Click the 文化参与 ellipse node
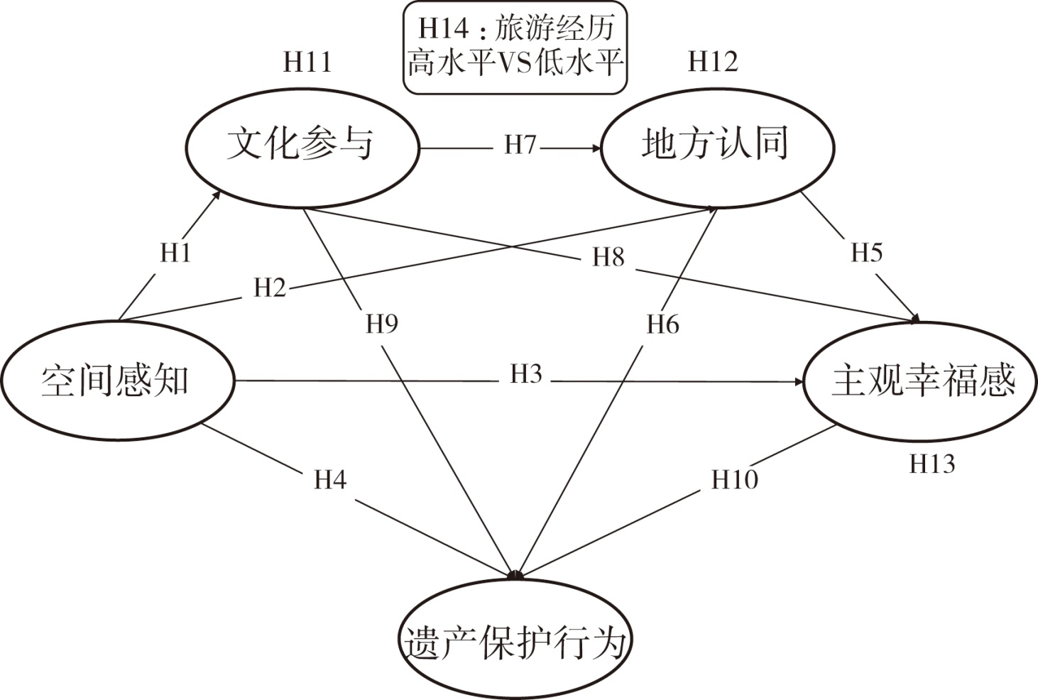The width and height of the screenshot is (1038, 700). pyautogui.click(x=301, y=146)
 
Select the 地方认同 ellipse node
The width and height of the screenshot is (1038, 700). pyautogui.click(x=717, y=146)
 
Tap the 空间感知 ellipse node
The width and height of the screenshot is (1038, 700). pyautogui.click(x=116, y=381)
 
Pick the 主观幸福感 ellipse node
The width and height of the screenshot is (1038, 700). pyautogui.click(x=922, y=381)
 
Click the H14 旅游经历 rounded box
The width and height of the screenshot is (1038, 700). pyautogui.click(x=515, y=48)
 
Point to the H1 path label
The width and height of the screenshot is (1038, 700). pyautogui.click(x=175, y=253)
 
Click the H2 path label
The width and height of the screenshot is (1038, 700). pyautogui.click(x=270, y=288)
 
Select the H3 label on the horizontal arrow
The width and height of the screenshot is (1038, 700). pyautogui.click(x=525, y=375)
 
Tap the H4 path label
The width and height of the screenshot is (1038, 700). pyautogui.click(x=330, y=481)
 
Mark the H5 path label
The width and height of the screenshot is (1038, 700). pyautogui.click(x=866, y=253)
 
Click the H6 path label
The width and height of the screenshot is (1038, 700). pyautogui.click(x=662, y=325)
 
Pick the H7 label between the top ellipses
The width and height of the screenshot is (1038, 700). pyautogui.click(x=520, y=146)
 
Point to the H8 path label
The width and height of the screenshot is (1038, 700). pyautogui.click(x=608, y=257)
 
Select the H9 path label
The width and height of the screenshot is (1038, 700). pyautogui.click(x=382, y=324)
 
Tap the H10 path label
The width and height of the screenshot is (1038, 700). pyautogui.click(x=735, y=481)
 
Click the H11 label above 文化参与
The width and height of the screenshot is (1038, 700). pyautogui.click(x=307, y=62)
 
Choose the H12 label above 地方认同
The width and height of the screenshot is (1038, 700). pyautogui.click(x=713, y=62)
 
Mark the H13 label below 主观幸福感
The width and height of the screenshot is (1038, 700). pyautogui.click(x=932, y=464)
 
